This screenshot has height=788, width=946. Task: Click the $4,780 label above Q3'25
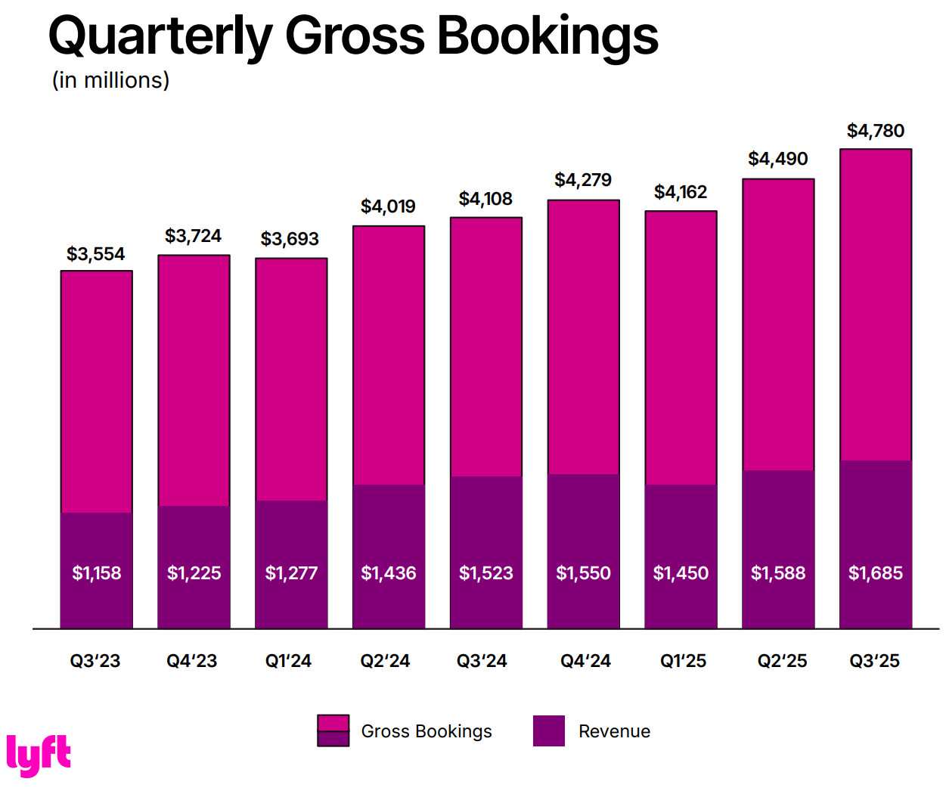pyautogui.click(x=875, y=131)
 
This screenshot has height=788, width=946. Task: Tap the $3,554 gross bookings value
pyautogui.click(x=95, y=254)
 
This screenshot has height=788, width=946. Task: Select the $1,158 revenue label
pyautogui.click(x=97, y=573)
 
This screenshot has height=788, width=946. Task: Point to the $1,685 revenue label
pyautogui.click(x=875, y=573)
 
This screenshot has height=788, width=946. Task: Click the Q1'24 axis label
pyautogui.click(x=288, y=661)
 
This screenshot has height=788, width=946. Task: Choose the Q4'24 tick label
pyautogui.click(x=585, y=661)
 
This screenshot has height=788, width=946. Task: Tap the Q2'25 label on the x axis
pyautogui.click(x=782, y=661)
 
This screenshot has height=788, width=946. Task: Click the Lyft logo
pyautogui.click(x=39, y=754)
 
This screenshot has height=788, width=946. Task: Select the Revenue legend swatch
pyautogui.click(x=548, y=731)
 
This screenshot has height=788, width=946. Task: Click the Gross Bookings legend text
pyautogui.click(x=426, y=731)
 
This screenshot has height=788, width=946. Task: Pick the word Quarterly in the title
pyautogui.click(x=160, y=36)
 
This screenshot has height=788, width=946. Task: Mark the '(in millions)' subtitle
pyautogui.click(x=110, y=80)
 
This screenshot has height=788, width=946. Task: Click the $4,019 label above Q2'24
pyautogui.click(x=388, y=206)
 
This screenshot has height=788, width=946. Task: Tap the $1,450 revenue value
pyautogui.click(x=681, y=573)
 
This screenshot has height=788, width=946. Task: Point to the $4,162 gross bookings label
pyautogui.click(x=681, y=192)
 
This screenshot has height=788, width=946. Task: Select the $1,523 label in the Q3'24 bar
pyautogui.click(x=485, y=573)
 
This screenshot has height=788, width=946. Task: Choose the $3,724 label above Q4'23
pyautogui.click(x=193, y=236)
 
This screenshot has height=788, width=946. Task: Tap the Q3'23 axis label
pyautogui.click(x=95, y=661)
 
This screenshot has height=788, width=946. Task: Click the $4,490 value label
pyautogui.click(x=777, y=159)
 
